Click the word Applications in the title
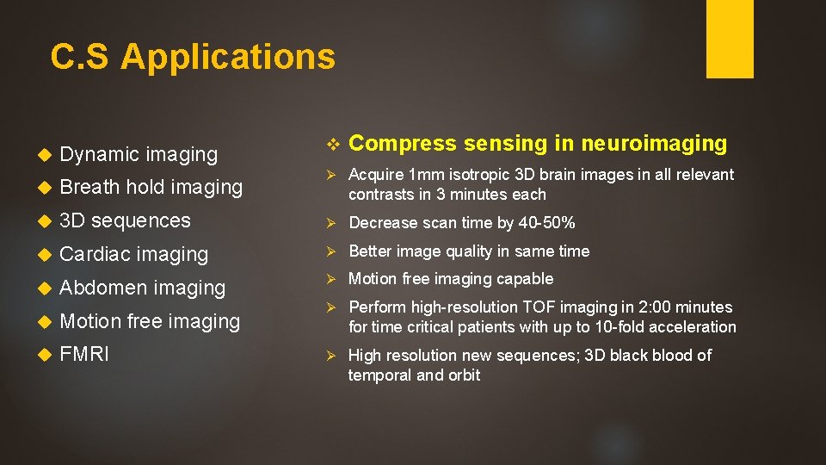click(x=228, y=57)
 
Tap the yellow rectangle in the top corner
click(x=730, y=38)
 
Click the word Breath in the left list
click(x=89, y=187)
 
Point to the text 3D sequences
click(x=125, y=220)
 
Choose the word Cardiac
click(x=95, y=254)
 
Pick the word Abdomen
click(x=103, y=288)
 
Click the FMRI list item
click(x=84, y=354)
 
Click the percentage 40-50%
click(x=547, y=223)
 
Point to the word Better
click(x=370, y=251)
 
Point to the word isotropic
click(x=473, y=175)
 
